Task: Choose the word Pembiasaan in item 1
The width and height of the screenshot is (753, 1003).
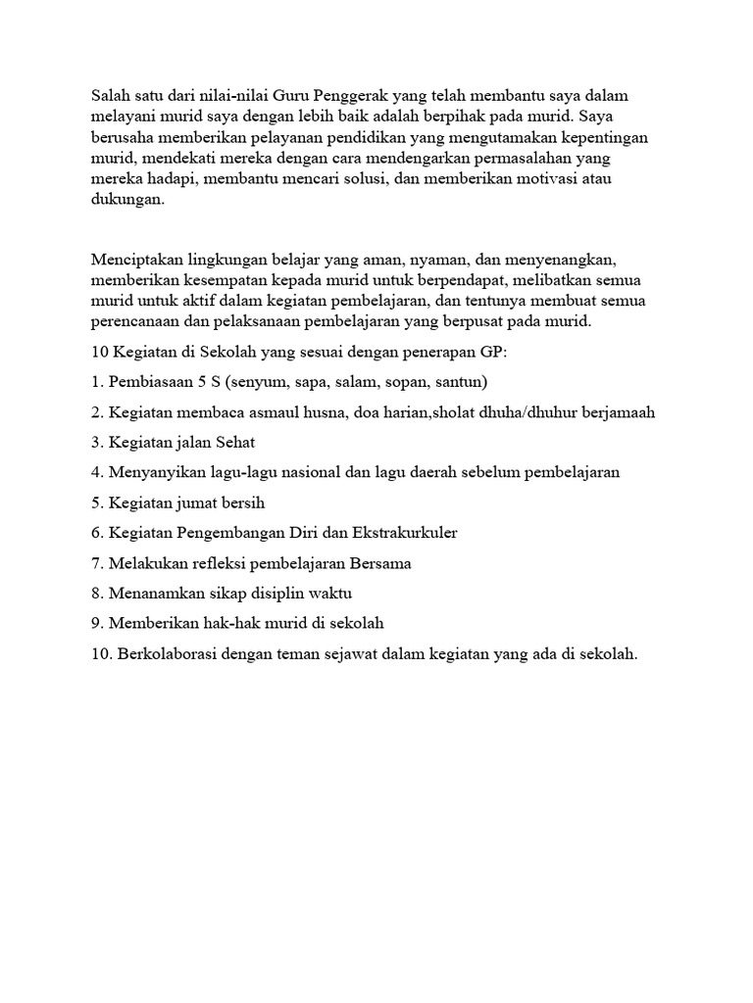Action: pyautogui.click(x=151, y=381)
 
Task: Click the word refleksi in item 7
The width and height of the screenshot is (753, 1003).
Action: pyautogui.click(x=223, y=563)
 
